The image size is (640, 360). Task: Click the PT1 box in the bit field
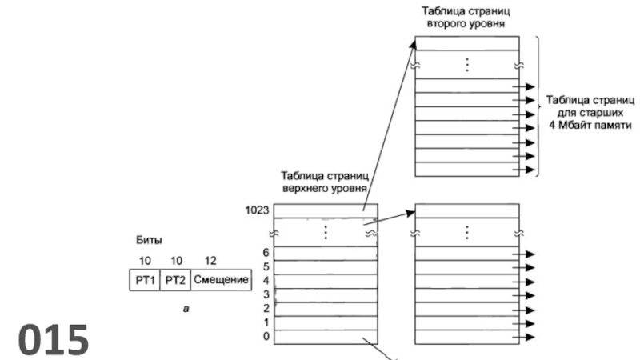[x=145, y=281]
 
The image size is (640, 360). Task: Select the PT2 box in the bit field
[x=175, y=281]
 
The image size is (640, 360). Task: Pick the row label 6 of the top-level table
[x=266, y=253]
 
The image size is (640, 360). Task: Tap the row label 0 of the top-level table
[x=266, y=337]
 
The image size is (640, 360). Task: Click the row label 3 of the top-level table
[x=266, y=294]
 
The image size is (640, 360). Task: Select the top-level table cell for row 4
[x=326, y=281]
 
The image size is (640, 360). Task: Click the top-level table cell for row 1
[x=326, y=322]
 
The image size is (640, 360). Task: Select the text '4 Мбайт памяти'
[x=590, y=126]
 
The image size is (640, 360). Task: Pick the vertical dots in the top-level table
[x=326, y=232]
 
